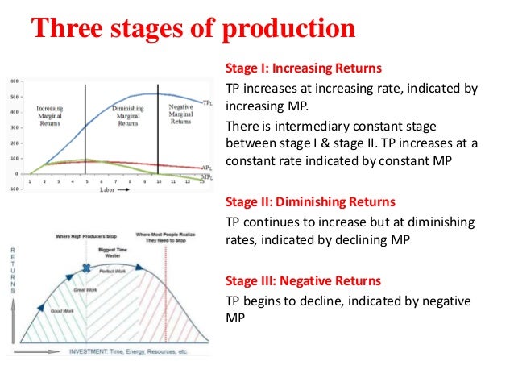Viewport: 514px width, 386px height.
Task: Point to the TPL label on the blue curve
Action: pyautogui.click(x=207, y=103)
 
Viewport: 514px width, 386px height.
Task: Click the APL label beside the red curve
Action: pyautogui.click(x=207, y=168)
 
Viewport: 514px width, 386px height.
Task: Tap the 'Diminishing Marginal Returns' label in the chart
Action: pyautogui.click(x=128, y=116)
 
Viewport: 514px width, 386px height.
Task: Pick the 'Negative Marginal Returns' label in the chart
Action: pyautogui.click(x=180, y=113)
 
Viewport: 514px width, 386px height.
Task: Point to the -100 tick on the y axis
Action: pyautogui.click(x=14, y=189)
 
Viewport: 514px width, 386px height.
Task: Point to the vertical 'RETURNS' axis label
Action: pyautogui.click(x=11, y=269)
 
